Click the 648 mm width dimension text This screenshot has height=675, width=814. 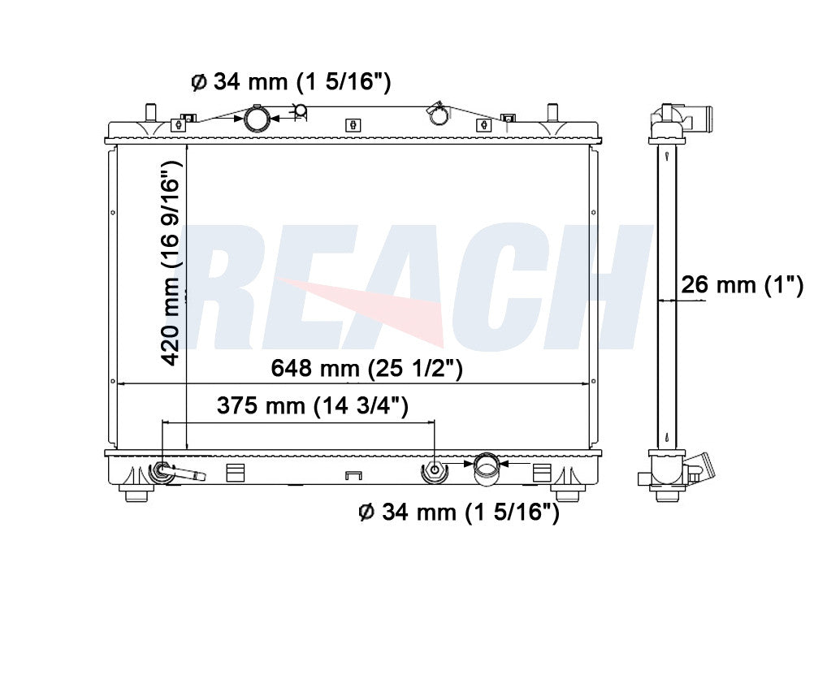pyautogui.click(x=366, y=368)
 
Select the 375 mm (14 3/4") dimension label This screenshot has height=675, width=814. pyautogui.click(x=313, y=405)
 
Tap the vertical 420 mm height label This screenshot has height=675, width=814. pyautogui.click(x=171, y=263)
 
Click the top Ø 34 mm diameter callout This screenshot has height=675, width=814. pyautogui.click(x=291, y=81)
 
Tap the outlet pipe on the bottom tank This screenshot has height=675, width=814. pyautogui.click(x=487, y=469)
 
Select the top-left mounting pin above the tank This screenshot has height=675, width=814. pyautogui.click(x=150, y=112)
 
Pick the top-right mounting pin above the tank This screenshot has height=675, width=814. pyautogui.click(x=552, y=112)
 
